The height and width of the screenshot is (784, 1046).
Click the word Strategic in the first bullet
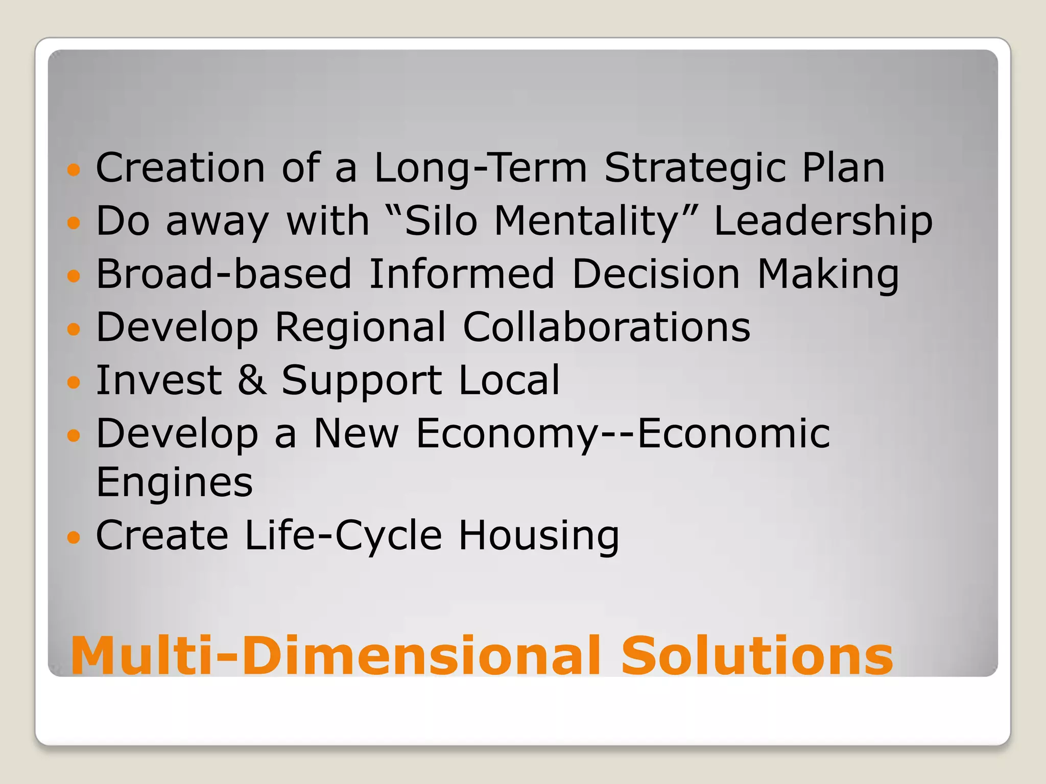695,168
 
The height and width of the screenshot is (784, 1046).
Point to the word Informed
461,274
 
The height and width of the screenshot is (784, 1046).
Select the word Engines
174,482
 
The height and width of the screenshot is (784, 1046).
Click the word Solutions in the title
756,655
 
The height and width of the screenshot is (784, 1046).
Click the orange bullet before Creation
74,170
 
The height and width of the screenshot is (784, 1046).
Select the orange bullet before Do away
74,223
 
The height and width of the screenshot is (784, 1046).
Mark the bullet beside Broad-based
74,276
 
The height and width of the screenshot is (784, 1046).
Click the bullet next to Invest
74,382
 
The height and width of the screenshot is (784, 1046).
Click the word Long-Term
481,168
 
